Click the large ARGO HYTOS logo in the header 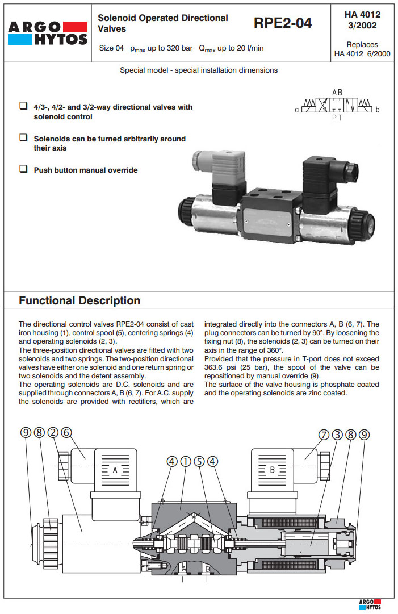(x=48, y=33)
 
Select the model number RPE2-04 (x=283, y=23)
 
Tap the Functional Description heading (x=79, y=300)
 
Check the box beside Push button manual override (x=23, y=169)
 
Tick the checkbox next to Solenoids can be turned (x=23, y=137)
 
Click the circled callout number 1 (x=185, y=462)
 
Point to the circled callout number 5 (x=199, y=462)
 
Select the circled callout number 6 (x=66, y=433)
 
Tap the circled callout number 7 (x=324, y=435)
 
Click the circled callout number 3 (x=337, y=435)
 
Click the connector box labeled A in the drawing (x=115, y=470)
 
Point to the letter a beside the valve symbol (x=297, y=109)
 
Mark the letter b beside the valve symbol (x=378, y=109)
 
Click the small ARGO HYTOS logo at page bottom (x=370, y=605)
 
